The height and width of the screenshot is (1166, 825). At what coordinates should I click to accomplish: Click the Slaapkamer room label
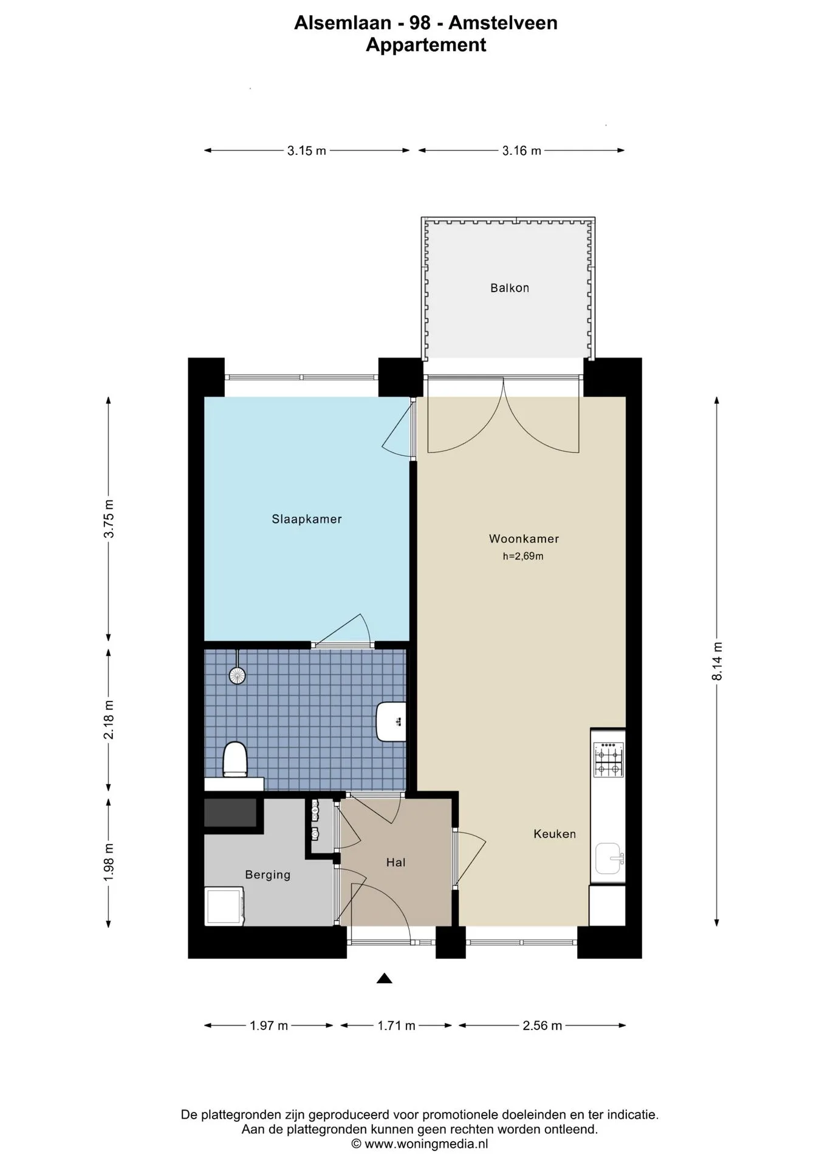pos(306,519)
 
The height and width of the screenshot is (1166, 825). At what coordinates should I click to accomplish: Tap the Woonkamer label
pos(524,539)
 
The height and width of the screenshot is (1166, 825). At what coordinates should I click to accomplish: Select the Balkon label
pos(510,288)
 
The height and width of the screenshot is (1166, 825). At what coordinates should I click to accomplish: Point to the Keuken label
pos(555,834)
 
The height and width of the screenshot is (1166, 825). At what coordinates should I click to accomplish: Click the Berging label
pos(268,875)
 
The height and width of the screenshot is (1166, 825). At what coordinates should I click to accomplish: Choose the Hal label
pos(395,862)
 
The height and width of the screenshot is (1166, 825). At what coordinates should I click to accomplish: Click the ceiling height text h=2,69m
pos(523,556)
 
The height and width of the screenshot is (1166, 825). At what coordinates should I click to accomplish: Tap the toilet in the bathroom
pos(235,759)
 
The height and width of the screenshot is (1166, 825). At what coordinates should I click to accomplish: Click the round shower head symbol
pos(237,675)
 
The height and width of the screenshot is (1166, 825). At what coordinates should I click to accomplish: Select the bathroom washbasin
pos(391,721)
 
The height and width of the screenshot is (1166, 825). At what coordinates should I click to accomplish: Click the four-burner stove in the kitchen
pos(609,760)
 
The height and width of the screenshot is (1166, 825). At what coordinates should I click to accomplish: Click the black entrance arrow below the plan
pos(384,978)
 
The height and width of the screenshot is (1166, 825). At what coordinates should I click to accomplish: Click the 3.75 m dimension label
pos(109,519)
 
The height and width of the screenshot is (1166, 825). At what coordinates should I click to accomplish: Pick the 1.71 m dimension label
pos(396,1026)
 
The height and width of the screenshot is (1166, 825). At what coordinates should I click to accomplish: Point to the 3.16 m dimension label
pos(521,151)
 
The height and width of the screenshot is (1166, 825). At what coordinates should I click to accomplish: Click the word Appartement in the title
pos(426,45)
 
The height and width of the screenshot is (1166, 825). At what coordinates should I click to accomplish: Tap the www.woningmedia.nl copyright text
pos(420,1144)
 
